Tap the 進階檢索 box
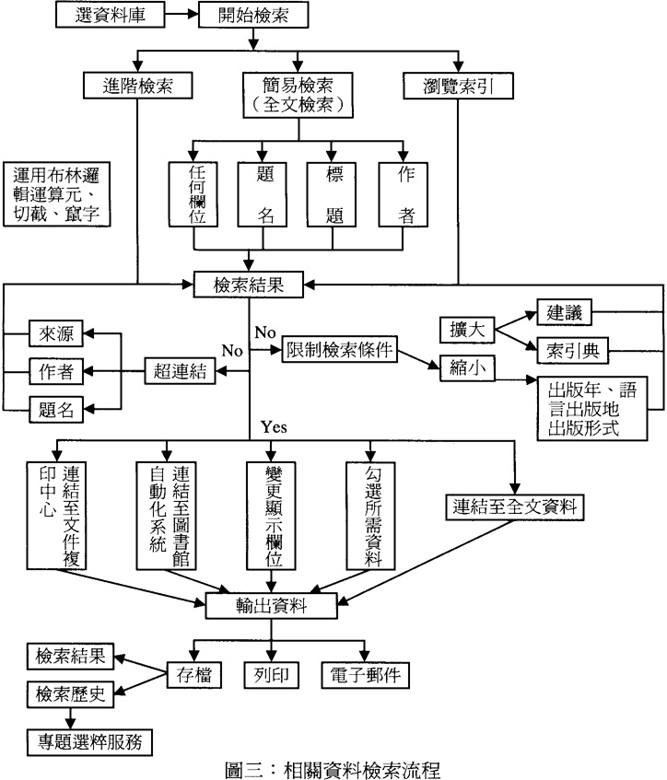[x=137, y=87]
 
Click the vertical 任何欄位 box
[x=193, y=194]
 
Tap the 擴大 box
[x=466, y=330]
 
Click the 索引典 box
[x=573, y=349]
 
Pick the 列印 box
[x=272, y=674]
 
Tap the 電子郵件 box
[x=364, y=674]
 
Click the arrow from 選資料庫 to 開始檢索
[x=182, y=15]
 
